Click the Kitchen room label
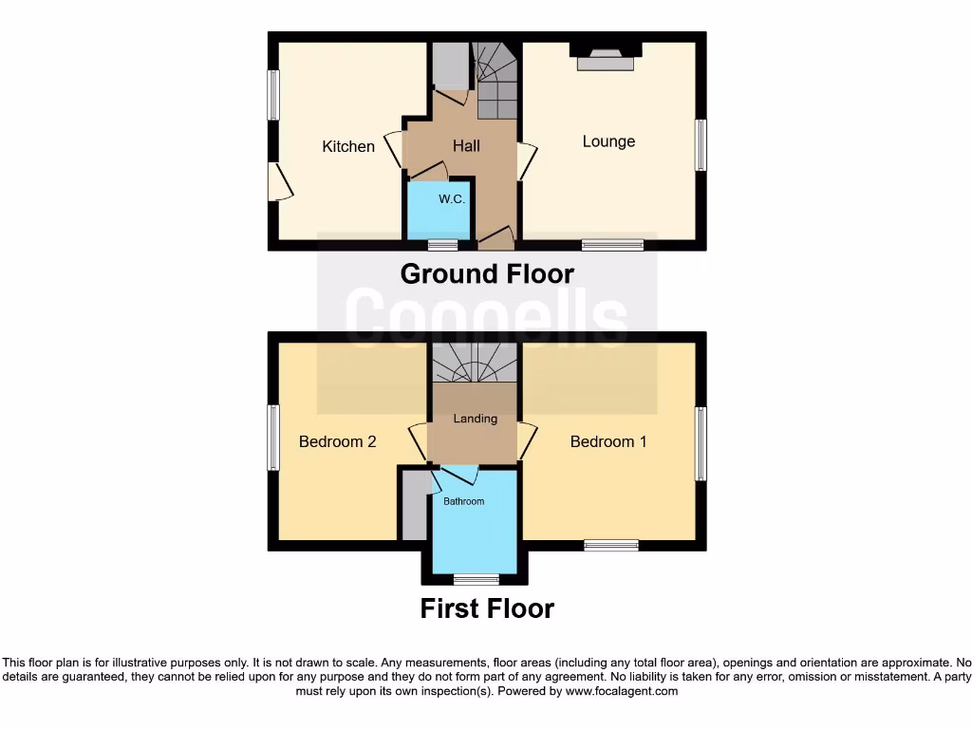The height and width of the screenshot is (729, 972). pos(348,146)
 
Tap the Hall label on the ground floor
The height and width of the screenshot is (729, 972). pos(466,145)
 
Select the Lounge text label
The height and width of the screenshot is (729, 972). pos(608,141)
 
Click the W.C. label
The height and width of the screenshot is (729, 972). pos(451,199)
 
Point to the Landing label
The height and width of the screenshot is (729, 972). pos(475,419)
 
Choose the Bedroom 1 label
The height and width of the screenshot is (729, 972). pos(608,441)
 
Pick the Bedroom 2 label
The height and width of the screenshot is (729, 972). pos(338,441)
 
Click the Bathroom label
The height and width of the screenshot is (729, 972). pos(464,501)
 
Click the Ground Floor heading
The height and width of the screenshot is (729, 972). pos(487,274)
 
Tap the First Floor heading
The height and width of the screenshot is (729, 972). pos(487,608)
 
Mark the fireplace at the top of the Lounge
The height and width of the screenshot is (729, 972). pos(606,56)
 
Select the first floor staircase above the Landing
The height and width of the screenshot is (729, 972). pos(475,363)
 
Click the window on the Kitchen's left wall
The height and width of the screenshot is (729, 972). pos(272,95)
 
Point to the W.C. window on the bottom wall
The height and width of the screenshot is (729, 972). pos(442,245)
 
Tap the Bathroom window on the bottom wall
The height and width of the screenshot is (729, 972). pos(476,579)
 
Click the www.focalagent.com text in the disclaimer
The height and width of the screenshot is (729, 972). pos(622,692)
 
